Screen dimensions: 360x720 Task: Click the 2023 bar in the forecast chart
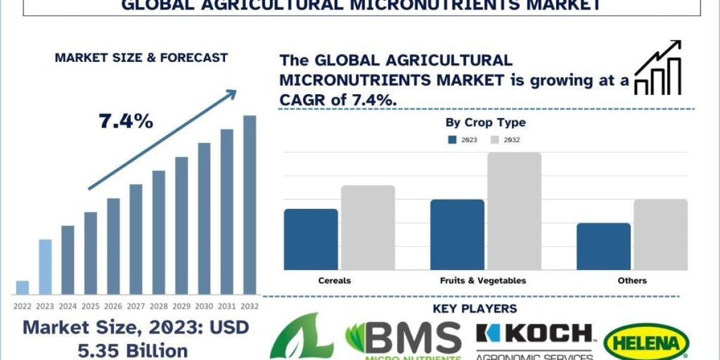(46, 267)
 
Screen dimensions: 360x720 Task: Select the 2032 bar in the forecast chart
(250, 205)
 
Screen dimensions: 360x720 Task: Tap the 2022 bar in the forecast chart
(23, 287)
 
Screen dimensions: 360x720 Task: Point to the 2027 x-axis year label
(136, 305)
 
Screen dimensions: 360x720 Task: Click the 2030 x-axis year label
(204, 305)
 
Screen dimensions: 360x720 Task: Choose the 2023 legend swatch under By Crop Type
(452, 140)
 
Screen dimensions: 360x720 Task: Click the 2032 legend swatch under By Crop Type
(495, 140)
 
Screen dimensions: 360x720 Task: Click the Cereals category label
(335, 280)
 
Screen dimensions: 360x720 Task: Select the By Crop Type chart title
(485, 123)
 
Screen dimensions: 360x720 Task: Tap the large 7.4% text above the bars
(126, 121)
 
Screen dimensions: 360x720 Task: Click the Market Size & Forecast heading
(141, 58)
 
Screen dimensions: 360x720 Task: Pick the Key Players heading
(475, 308)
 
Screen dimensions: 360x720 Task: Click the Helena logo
(646, 343)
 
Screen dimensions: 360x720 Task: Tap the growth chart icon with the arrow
(658, 68)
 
